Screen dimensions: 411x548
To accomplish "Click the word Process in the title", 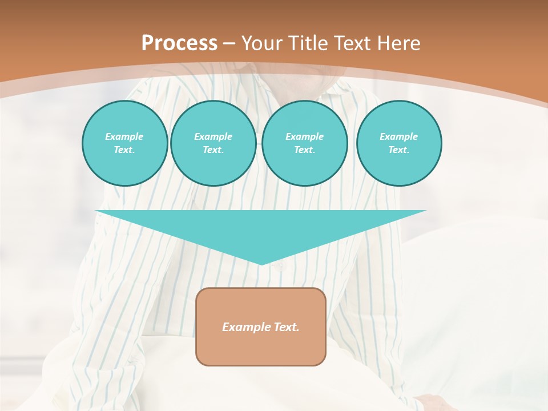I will pos(179,43).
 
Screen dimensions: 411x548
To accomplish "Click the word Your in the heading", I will pos(261,43).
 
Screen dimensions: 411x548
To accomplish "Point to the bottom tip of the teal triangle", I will pos(261,264).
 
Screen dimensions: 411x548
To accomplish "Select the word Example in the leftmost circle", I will pos(124,136).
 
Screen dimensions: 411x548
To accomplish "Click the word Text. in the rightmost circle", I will pos(399,150).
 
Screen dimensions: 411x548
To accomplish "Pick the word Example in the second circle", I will pos(213,136).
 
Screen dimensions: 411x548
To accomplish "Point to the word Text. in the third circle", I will pos(304,150).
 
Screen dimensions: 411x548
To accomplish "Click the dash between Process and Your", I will pos(229,43).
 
